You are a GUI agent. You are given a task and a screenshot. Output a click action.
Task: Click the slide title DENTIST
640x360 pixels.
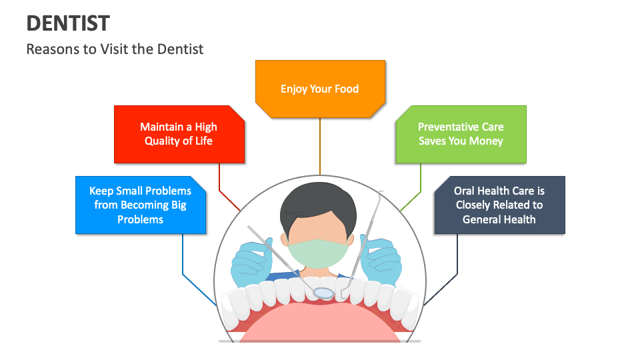click(68, 23)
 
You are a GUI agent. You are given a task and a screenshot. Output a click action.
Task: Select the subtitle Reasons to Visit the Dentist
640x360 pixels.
click(115, 49)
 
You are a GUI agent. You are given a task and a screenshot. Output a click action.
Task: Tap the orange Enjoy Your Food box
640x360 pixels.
click(320, 89)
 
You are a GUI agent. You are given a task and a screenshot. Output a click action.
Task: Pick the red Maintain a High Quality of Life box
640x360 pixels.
click(179, 134)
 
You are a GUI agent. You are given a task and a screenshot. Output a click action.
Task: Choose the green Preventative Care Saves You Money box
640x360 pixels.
click(461, 134)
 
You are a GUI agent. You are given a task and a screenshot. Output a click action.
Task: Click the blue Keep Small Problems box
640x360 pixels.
click(141, 205)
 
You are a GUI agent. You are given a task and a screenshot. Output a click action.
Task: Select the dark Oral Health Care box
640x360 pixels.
click(499, 205)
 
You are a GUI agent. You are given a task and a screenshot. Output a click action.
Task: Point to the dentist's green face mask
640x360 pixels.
click(319, 253)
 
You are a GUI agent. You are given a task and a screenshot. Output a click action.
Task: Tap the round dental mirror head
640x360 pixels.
click(323, 292)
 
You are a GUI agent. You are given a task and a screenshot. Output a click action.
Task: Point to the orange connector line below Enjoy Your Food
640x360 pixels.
click(320, 147)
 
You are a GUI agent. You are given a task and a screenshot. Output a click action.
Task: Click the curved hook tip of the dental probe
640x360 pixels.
click(381, 194)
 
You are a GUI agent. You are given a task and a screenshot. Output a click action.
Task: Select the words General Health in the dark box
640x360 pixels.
click(499, 219)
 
